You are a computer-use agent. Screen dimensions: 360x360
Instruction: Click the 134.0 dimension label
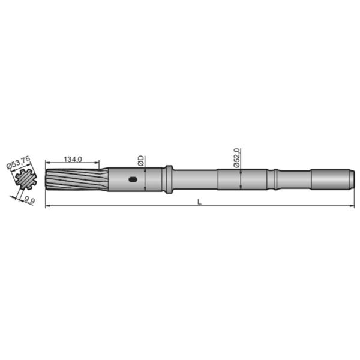[x=72, y=160]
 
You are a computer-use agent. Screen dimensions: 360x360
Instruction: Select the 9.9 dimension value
[x=28, y=200]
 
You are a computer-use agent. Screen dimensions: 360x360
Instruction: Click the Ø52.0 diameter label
[x=236, y=157]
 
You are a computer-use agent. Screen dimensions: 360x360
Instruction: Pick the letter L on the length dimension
[x=199, y=202]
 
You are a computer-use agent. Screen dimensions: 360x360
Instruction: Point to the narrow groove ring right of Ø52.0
[x=274, y=179]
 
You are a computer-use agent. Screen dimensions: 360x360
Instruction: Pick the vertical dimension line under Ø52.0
[x=240, y=179]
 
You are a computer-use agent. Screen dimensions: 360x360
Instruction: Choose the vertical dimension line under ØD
[x=145, y=179]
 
